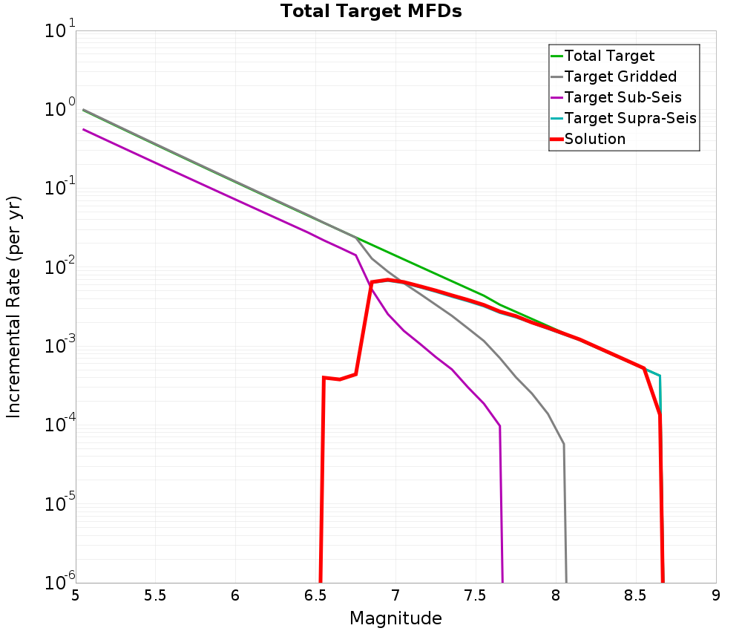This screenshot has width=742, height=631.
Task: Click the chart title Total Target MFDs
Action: pyautogui.click(x=371, y=12)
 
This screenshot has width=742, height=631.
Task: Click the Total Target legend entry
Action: pyautogui.click(x=609, y=56)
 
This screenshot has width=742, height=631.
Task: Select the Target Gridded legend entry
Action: pyautogui.click(x=620, y=76)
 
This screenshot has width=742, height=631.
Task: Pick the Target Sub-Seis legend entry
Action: pyautogui.click(x=623, y=97)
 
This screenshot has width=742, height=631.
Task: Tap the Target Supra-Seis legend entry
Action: pyautogui.click(x=630, y=118)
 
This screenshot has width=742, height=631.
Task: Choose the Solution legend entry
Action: pyautogui.click(x=594, y=139)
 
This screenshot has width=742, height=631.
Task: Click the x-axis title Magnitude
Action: pyautogui.click(x=395, y=618)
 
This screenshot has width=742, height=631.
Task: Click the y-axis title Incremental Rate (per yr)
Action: pyautogui.click(x=14, y=307)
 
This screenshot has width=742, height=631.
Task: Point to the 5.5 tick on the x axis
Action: pyautogui.click(x=156, y=595)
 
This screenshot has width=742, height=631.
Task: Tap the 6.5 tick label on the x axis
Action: pyautogui.click(x=315, y=595)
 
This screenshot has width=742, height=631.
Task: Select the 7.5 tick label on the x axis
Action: pyautogui.click(x=476, y=595)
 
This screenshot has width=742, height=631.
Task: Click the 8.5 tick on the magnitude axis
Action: pyautogui.click(x=636, y=595)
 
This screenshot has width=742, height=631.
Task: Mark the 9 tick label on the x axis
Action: pyautogui.click(x=716, y=595)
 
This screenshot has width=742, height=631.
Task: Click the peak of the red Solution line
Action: pyautogui.click(x=387, y=280)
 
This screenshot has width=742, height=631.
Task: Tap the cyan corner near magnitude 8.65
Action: pyautogui.click(x=659, y=376)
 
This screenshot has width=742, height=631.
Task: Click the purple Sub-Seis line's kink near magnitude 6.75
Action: pyautogui.click(x=356, y=255)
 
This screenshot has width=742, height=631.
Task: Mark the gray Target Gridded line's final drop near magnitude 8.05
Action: pyautogui.click(x=564, y=445)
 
